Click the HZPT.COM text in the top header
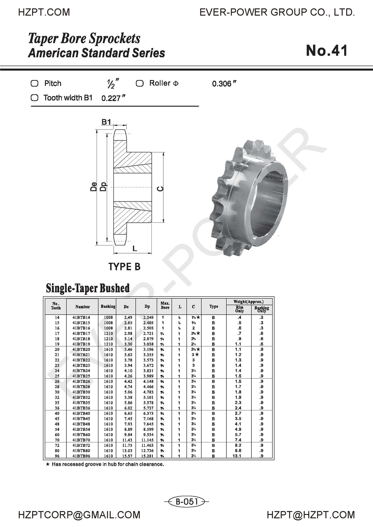coord(44,12)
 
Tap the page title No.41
coord(327,51)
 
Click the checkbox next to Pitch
coord(35,83)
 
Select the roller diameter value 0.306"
coord(224,84)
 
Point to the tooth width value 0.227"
coord(113,98)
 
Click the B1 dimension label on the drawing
coord(106,122)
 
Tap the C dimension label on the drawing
coord(160,189)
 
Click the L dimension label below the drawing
coord(135,248)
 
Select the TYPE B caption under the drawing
coord(124,267)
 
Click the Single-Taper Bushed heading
coord(88,288)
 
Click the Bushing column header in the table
coord(108,307)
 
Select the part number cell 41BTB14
coord(81,317)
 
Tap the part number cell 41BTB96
coord(81,456)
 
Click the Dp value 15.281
coord(147,456)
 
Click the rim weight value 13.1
coord(237,456)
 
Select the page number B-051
coord(186,502)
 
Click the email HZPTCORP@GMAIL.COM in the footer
coord(79,515)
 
